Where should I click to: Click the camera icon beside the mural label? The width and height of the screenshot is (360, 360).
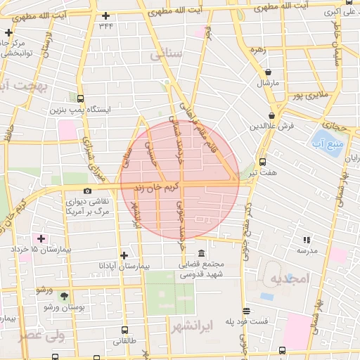pyautogui.click(x=87, y=191)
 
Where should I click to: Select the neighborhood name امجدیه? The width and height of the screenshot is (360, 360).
pyautogui.click(x=290, y=278)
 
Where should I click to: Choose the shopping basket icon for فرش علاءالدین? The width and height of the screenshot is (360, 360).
pyautogui.click(x=271, y=115)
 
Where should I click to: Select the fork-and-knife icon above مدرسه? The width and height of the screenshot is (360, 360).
pyautogui.click(x=306, y=240)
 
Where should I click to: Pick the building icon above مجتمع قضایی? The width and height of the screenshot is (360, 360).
pyautogui.click(x=202, y=254)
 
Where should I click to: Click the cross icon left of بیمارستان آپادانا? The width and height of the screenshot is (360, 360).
pyautogui.click(x=124, y=256)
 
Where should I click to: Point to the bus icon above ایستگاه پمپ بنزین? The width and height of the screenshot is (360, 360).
pyautogui.click(x=80, y=99)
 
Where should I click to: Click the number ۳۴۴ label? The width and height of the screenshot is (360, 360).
pyautogui.click(x=106, y=26)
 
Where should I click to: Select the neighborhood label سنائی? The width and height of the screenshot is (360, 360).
pyautogui.click(x=172, y=53)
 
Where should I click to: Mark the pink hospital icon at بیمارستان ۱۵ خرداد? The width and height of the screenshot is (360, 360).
pyautogui.click(x=42, y=239)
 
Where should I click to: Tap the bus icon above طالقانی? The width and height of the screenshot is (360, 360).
pyautogui.click(x=124, y=329)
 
